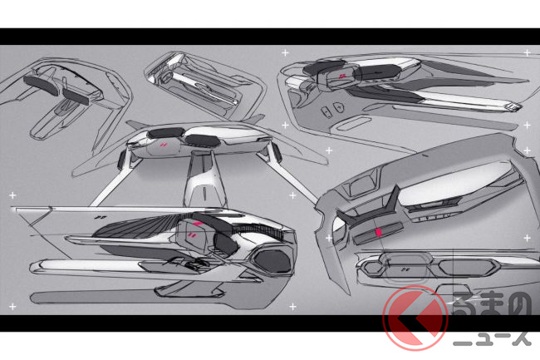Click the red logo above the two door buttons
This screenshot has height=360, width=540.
coord(342,77)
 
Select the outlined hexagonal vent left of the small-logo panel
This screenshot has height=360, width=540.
coord(376,268)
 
